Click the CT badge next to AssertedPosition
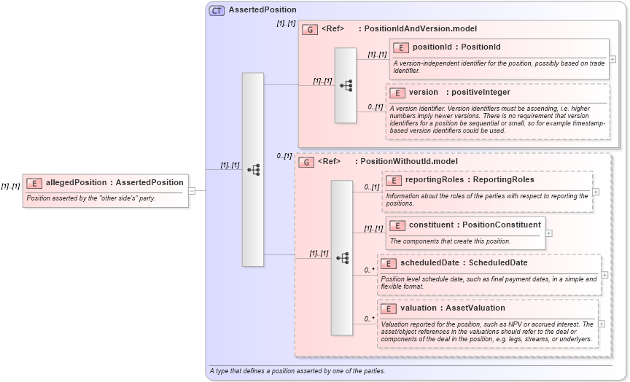(217, 10)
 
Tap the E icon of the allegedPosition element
(34, 183)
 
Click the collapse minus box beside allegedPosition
(192, 191)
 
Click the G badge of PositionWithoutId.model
(307, 162)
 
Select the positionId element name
(435, 47)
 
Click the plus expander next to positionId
(612, 59)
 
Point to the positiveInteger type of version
(481, 93)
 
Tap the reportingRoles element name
(435, 179)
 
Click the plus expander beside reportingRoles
(596, 192)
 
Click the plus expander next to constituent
(549, 233)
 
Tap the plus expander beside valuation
(602, 323)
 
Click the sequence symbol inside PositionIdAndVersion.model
(346, 85)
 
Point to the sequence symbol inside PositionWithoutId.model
(342, 257)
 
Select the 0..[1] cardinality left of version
(375, 107)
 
